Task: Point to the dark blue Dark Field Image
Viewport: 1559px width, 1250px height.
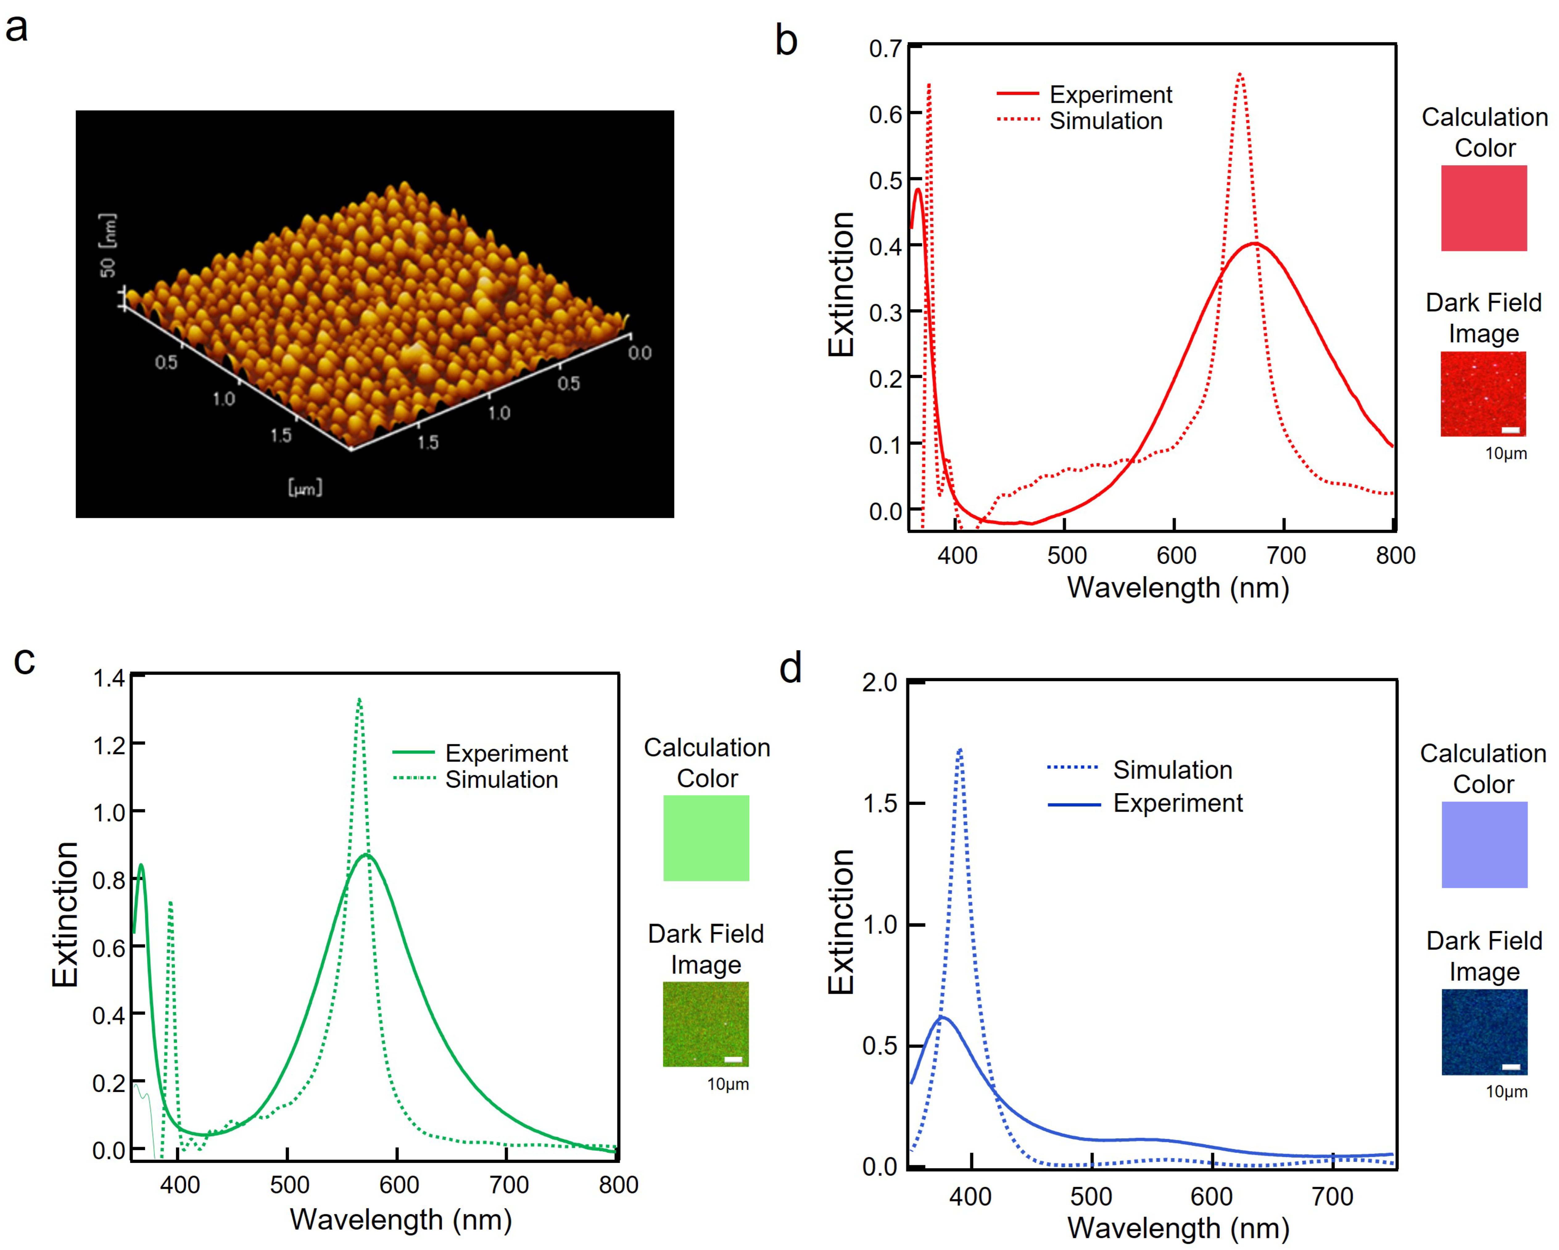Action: point(1484,1031)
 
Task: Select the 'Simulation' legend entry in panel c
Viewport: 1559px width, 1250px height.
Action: point(501,780)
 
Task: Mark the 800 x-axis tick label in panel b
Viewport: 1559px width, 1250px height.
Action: point(1395,556)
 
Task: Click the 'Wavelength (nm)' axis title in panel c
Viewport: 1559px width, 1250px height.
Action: point(401,1220)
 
